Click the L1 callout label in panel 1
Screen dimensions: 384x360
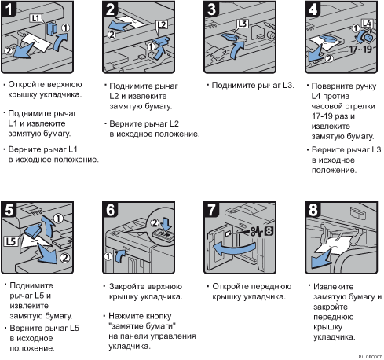point(35,18)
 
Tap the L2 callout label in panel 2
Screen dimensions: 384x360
point(162,25)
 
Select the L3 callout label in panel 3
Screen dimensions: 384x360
point(243,24)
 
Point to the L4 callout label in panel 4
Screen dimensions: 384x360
point(367,24)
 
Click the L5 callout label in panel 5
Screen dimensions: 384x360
point(11,241)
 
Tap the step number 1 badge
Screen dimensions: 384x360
point(9,9)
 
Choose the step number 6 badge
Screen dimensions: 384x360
point(110,209)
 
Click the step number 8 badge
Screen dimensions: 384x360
point(313,209)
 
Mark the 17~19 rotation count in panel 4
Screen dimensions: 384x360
point(361,49)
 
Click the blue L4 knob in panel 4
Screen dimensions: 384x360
point(366,37)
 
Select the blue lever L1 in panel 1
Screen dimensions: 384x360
point(52,28)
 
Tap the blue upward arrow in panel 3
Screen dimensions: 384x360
point(237,50)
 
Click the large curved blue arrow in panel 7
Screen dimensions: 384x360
point(234,249)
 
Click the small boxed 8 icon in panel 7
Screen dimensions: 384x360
point(269,231)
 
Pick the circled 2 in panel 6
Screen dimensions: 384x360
point(155,222)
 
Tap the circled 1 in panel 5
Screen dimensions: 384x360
point(58,219)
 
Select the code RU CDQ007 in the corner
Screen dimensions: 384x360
point(370,357)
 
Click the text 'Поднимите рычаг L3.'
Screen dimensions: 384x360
point(253,85)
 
